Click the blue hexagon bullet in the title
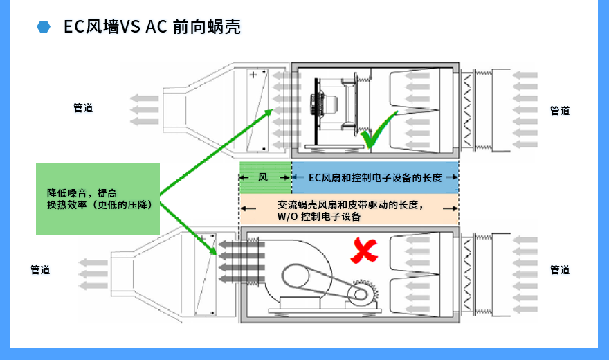click(44, 27)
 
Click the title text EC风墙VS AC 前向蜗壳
click(152, 27)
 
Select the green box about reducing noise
click(98, 199)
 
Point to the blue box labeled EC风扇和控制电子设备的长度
click(374, 178)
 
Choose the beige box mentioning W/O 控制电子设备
click(349, 210)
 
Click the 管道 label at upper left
click(83, 108)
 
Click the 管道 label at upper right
click(560, 110)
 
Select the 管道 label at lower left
click(40, 270)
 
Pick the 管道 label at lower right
click(560, 270)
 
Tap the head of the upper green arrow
click(269, 112)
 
